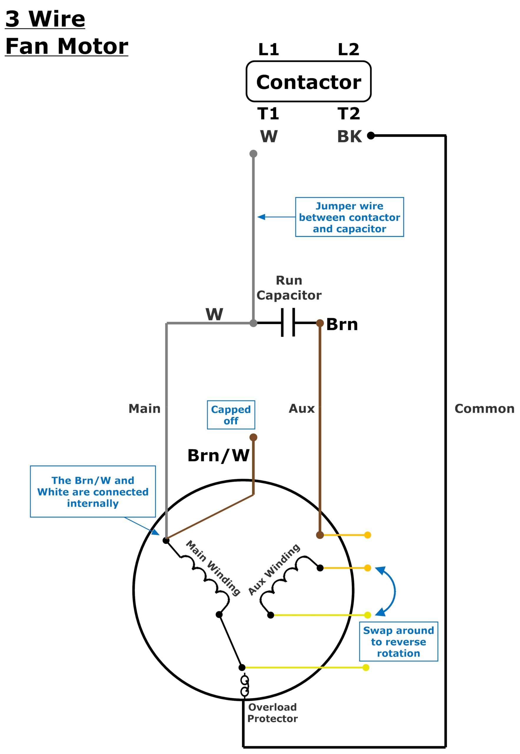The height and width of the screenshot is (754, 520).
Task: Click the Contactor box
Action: (308, 82)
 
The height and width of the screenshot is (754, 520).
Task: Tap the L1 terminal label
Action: (268, 49)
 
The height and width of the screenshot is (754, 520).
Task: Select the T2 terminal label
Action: (348, 114)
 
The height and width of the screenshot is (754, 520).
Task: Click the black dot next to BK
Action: (371, 135)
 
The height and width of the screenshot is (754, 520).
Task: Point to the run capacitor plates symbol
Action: (288, 323)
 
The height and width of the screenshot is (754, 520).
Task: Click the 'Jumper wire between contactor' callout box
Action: (349, 217)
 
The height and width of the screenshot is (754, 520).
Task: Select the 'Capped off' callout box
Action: (231, 415)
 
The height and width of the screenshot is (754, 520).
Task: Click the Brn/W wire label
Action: (218, 456)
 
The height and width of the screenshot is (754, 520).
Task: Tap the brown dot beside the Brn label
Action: (320, 323)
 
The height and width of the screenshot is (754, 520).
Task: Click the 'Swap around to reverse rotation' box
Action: (398, 641)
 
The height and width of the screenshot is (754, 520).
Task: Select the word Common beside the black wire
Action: (484, 409)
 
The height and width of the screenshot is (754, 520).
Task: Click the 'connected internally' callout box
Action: (93, 492)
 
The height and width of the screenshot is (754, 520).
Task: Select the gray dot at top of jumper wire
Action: (253, 154)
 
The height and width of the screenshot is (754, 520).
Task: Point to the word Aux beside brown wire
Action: (302, 408)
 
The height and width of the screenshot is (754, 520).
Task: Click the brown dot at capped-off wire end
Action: (253, 437)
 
